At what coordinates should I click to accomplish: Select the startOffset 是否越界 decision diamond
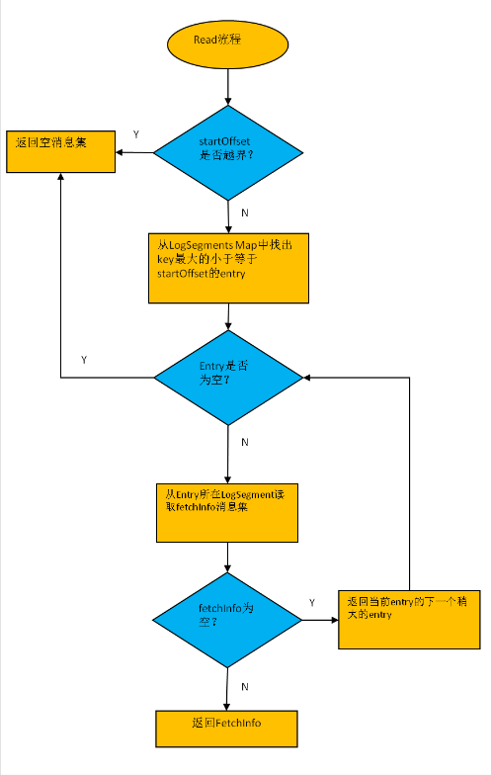click(x=228, y=152)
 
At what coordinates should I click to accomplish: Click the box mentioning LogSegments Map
click(x=228, y=267)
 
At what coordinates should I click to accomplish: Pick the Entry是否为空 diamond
click(x=228, y=377)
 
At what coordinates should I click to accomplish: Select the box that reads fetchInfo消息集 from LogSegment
click(x=227, y=511)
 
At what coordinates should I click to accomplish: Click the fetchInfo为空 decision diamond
click(x=227, y=621)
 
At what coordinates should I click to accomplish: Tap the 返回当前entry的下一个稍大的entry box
click(x=408, y=620)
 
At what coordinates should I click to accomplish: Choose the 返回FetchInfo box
click(x=227, y=728)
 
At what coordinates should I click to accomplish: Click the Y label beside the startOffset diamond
click(x=135, y=133)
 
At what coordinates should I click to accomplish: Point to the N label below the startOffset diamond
click(x=244, y=212)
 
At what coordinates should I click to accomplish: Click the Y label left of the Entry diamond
click(x=84, y=360)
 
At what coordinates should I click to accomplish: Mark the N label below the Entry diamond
click(x=244, y=442)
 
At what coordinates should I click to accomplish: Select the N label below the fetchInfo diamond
click(x=244, y=685)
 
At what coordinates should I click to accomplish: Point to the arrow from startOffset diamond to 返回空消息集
click(x=135, y=152)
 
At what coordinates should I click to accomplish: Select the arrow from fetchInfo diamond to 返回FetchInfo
click(x=228, y=688)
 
